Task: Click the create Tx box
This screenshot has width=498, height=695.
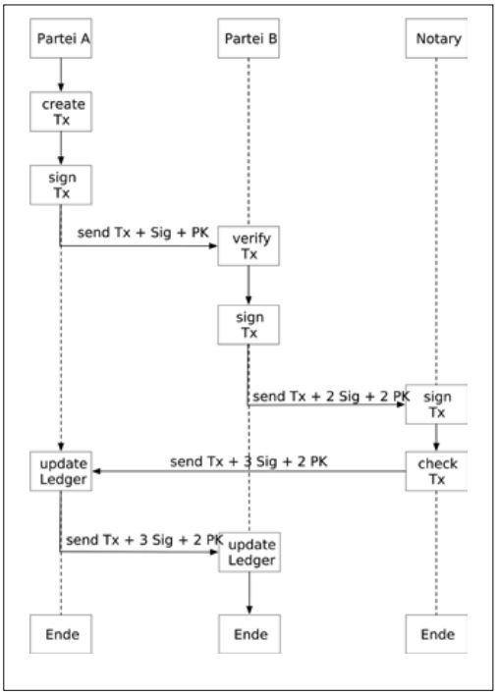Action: coord(61,112)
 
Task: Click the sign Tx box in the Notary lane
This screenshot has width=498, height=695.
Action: coord(437,403)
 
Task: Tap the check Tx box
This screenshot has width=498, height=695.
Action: coord(437,471)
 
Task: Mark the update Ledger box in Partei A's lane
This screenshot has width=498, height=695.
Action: coord(61,471)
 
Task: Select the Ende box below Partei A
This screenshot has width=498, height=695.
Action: coord(61,634)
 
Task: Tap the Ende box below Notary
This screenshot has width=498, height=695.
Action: coord(437,634)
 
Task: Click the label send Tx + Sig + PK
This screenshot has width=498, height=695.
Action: coord(142,234)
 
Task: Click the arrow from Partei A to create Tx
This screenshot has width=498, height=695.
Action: coord(61,75)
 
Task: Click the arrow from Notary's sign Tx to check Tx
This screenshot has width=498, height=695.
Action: coord(437,438)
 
